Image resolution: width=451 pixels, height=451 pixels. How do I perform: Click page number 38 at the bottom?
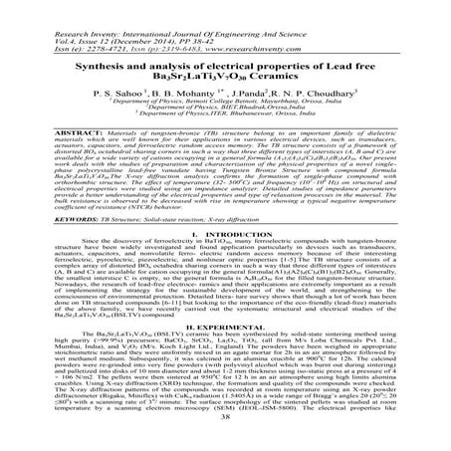coord(225,438)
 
